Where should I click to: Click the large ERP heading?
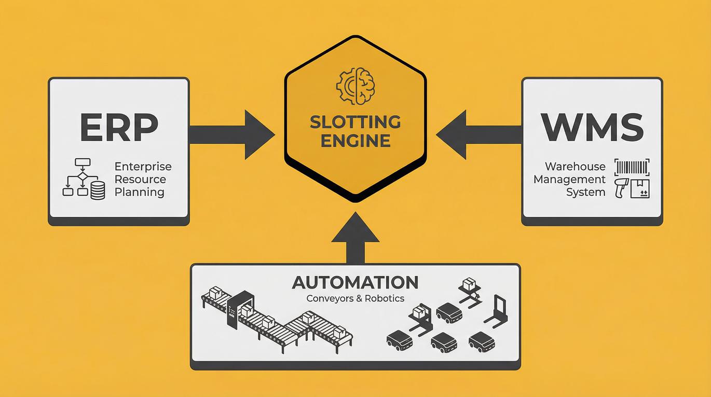[x=118, y=127]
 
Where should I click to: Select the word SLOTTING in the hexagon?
[x=355, y=122]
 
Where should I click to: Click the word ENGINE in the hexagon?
[x=355, y=141]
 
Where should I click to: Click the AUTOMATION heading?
[x=355, y=282]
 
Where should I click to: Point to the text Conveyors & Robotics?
[x=355, y=298]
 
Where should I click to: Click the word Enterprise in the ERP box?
[x=143, y=167]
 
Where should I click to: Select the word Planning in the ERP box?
[x=139, y=192]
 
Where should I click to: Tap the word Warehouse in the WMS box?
[x=575, y=167]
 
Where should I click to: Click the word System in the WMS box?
[x=585, y=192]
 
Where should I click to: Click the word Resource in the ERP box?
[x=140, y=180]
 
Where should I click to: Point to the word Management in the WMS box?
[x=569, y=180]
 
